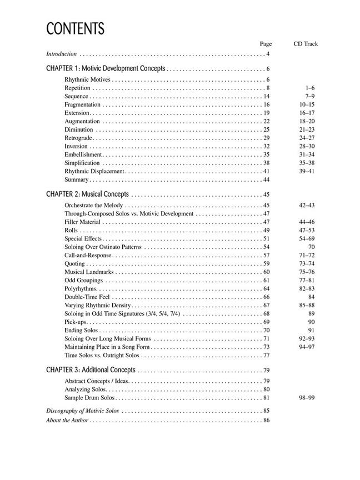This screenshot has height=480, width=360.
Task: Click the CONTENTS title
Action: click(x=75, y=29)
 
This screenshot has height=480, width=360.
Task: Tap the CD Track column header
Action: click(x=306, y=43)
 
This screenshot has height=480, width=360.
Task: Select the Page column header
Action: click(x=266, y=43)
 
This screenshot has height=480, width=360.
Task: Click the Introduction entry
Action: click(x=61, y=54)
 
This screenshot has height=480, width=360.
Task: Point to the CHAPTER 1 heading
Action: click(x=106, y=69)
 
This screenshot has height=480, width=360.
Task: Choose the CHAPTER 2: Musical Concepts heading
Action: click(x=87, y=194)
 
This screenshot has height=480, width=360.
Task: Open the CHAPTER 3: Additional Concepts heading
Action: click(x=91, y=370)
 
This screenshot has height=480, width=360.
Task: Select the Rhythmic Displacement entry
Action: click(x=94, y=171)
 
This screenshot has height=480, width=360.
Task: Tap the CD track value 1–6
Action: click(x=310, y=88)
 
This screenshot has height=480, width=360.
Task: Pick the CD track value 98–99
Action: click(x=307, y=398)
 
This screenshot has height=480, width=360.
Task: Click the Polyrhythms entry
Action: click(x=81, y=289)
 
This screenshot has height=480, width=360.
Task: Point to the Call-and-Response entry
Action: click(x=88, y=256)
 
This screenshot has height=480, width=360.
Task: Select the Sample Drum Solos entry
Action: click(x=89, y=398)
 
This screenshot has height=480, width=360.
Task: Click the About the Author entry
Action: click(x=67, y=421)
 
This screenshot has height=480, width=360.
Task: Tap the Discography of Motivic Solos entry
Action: click(x=83, y=411)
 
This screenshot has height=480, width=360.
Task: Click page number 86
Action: click(x=266, y=421)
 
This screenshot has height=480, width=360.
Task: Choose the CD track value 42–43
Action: click(x=307, y=206)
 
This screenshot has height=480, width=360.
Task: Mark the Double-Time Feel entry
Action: click(x=85, y=297)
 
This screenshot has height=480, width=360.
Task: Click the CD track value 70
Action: click(x=312, y=247)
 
